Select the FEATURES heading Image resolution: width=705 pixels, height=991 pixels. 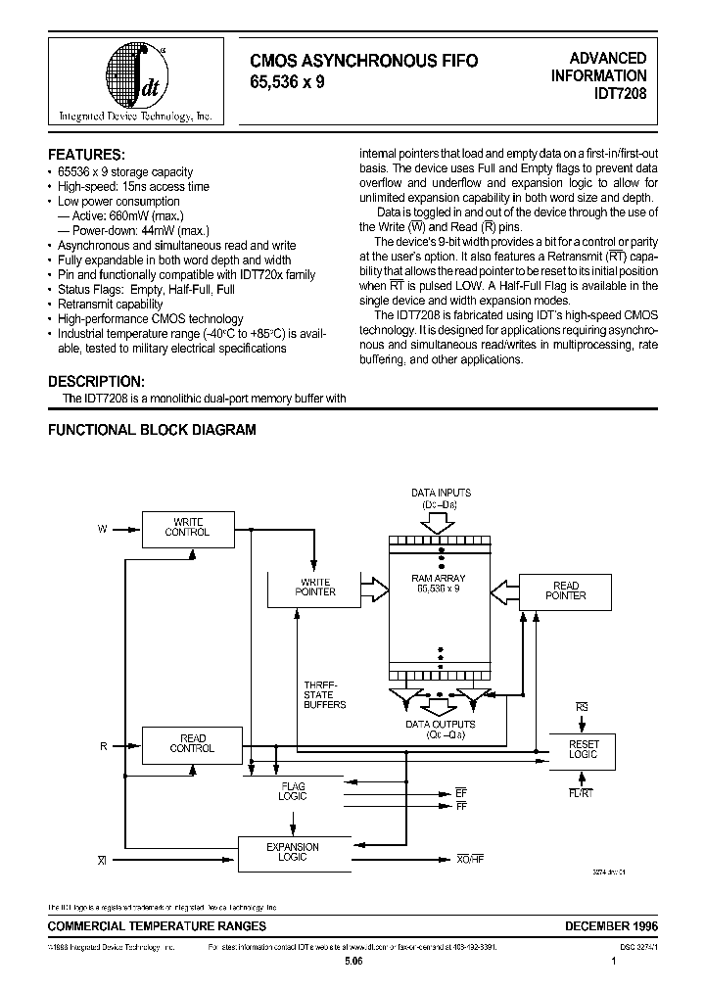coord(86,155)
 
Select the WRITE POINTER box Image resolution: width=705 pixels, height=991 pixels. coord(314,588)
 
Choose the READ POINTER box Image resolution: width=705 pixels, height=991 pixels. coord(565,590)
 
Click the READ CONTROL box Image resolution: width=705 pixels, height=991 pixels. coord(192,743)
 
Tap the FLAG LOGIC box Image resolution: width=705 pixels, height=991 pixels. coord(292,791)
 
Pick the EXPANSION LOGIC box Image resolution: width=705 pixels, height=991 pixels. coord(292,852)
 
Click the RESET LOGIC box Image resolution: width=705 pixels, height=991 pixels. coord(584,750)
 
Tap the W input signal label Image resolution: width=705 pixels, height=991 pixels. coord(102,529)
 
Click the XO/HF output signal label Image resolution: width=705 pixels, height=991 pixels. coord(470,859)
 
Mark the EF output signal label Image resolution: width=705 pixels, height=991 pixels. coord(461,790)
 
